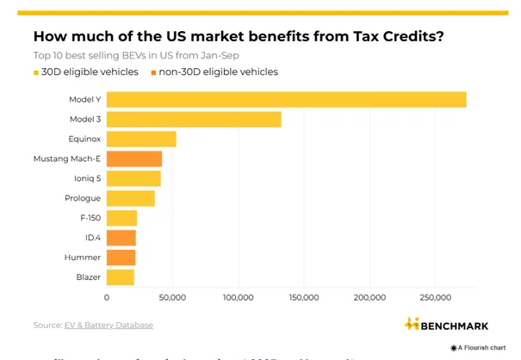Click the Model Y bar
point(286,100)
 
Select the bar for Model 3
point(194,120)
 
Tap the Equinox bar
point(141,139)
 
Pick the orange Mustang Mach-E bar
point(134,158)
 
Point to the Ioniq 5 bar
point(133,178)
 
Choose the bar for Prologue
point(131,198)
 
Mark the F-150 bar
point(121,218)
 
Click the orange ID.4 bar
point(121,238)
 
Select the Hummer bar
point(121,258)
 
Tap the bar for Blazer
point(121,277)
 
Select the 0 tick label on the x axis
point(107,298)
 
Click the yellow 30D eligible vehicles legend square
point(36,72)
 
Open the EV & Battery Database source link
point(109,326)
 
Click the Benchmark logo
point(446,325)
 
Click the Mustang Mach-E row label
point(67,158)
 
